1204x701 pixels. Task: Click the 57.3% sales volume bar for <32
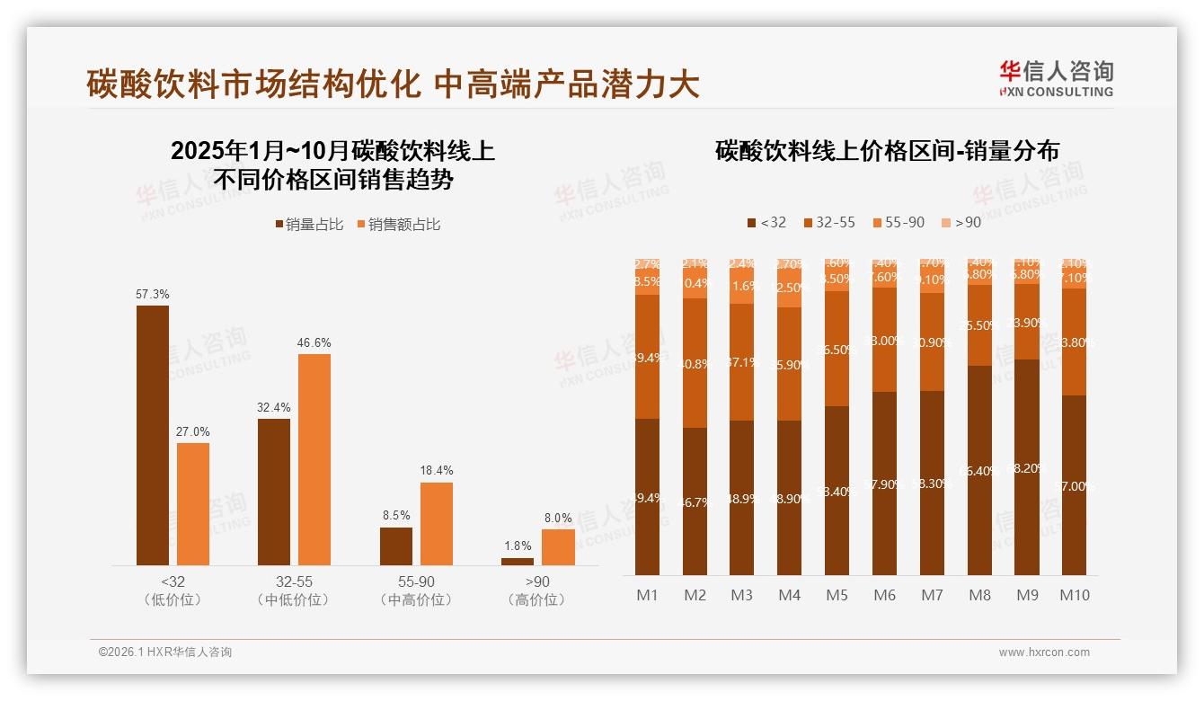point(153,435)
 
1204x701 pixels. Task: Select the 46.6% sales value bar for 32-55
point(314,459)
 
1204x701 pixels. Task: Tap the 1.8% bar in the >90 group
point(517,562)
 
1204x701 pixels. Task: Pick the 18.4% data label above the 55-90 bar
point(436,470)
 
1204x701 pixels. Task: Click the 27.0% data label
point(193,431)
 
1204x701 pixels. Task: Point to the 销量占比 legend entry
point(309,225)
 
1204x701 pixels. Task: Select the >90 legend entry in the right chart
point(961,222)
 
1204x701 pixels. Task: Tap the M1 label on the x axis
point(647,595)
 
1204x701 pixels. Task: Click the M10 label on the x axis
point(1074,595)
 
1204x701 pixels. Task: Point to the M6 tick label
point(884,595)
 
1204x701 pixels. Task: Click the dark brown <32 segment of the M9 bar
point(1027,467)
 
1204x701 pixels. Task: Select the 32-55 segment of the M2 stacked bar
point(695,363)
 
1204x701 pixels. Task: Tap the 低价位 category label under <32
point(173,599)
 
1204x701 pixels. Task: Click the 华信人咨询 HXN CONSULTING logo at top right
point(1056,78)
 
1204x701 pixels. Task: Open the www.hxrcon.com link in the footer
point(1044,652)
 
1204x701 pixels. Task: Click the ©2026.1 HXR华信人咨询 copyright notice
point(164,652)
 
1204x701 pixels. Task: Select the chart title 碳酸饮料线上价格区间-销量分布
point(887,150)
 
